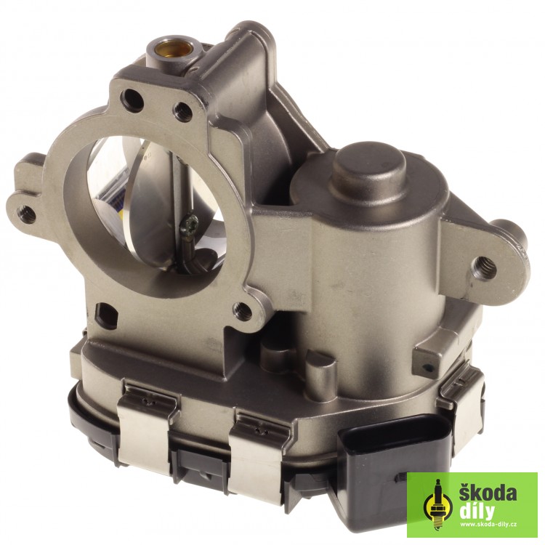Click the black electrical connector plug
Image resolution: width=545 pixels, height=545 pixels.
392,462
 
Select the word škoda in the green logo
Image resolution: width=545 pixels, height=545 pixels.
488,493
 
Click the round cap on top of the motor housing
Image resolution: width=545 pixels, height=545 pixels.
368,166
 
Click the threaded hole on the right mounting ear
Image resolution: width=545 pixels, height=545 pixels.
484,266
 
